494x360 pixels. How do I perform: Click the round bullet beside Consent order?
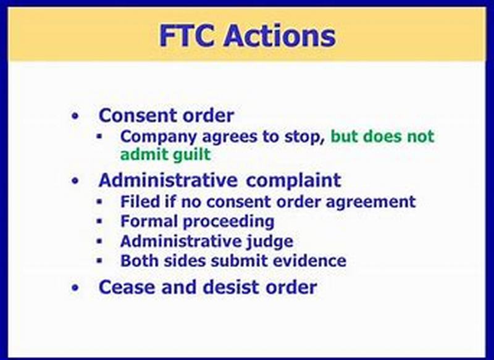pyautogui.click(x=75, y=117)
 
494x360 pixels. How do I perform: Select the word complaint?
pyautogui.click(x=293, y=181)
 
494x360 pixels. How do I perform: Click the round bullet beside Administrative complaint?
pyautogui.click(x=75, y=181)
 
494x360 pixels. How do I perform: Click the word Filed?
pyautogui.click(x=140, y=201)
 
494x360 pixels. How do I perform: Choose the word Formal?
pyautogui.click(x=148, y=221)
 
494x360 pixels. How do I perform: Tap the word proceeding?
pyautogui.click(x=228, y=222)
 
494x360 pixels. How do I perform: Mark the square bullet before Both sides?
pyautogui.click(x=99, y=261)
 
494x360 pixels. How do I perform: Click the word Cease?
pyautogui.click(x=127, y=287)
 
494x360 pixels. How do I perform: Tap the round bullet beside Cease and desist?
pyautogui.click(x=75, y=288)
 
